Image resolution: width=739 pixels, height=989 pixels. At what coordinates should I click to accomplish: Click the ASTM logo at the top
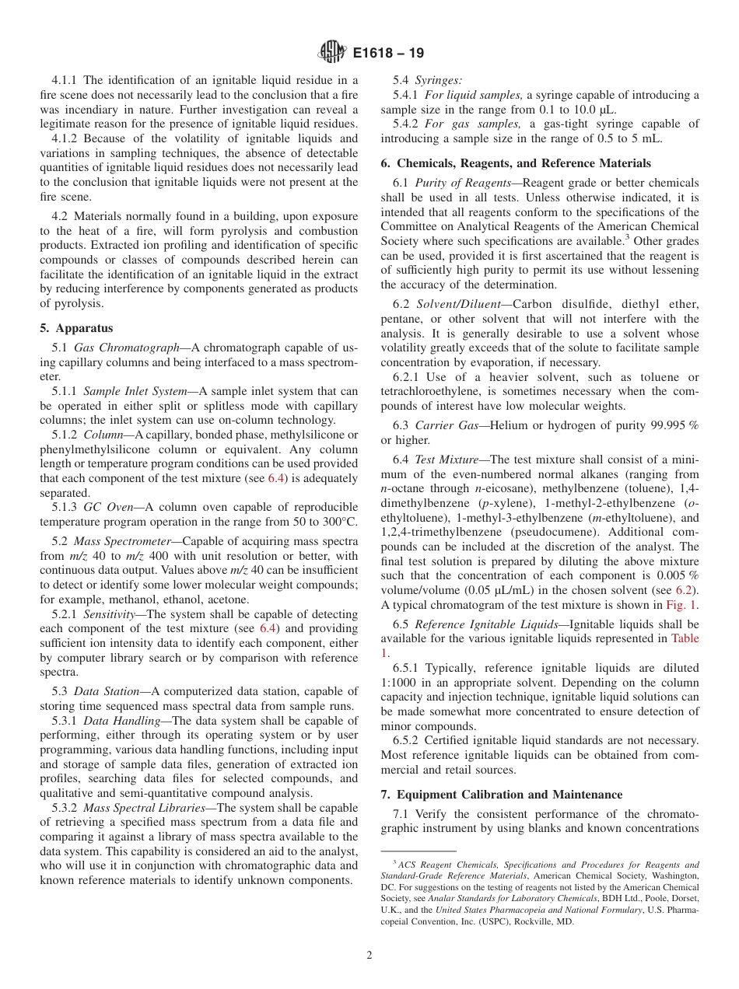[x=332, y=54]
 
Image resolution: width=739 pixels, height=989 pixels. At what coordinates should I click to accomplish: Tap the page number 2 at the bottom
[x=369, y=956]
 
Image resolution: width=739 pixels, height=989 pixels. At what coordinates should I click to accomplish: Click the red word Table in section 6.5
[x=685, y=638]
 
